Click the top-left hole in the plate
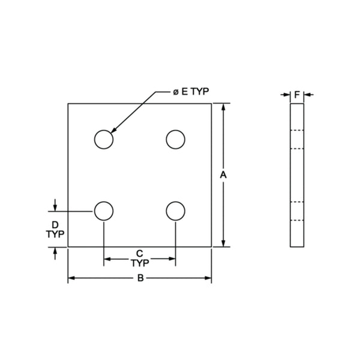click(104, 139)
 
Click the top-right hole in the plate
click(175, 139)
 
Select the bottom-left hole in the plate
click(104, 211)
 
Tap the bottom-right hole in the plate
click(175, 211)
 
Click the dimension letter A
click(223, 175)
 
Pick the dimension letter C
click(139, 252)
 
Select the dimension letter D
click(55, 224)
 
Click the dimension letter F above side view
click(296, 94)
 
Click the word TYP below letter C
click(139, 262)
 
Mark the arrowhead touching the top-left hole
click(113, 130)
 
